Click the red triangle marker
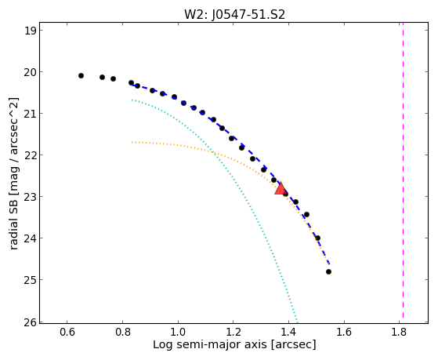pyautogui.click(x=281, y=188)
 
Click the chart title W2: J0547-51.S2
pyautogui.click(x=234, y=14)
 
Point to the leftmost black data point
pyautogui.click(x=81, y=75)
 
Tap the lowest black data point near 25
pyautogui.click(x=328, y=271)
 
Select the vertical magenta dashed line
pyautogui.click(x=403, y=173)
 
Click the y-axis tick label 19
pyautogui.click(x=31, y=31)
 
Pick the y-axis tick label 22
pyautogui.click(x=31, y=155)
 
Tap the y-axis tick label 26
pyautogui.click(x=31, y=322)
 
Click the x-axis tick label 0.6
pyautogui.click(x=67, y=332)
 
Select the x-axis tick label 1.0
pyautogui.click(x=178, y=332)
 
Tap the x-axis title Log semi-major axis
pyautogui.click(x=209, y=344)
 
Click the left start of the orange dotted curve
pyautogui.click(x=132, y=143)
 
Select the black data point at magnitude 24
pyautogui.click(x=317, y=238)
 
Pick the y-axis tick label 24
pyautogui.click(x=31, y=238)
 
